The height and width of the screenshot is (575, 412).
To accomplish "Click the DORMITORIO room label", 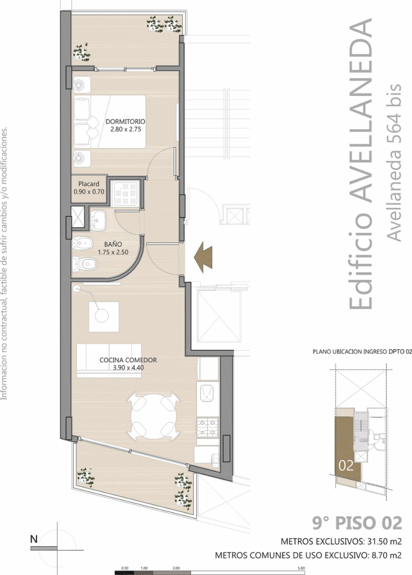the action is coord(126,121).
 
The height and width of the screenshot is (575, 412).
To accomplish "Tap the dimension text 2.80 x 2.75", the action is coord(126,129).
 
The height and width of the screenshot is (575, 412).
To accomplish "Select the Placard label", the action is coord(89,184).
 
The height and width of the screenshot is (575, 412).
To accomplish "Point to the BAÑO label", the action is coord(113,244).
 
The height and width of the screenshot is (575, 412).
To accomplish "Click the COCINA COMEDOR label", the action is coord(128,360).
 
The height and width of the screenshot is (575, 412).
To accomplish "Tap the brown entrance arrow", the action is coord(203,257).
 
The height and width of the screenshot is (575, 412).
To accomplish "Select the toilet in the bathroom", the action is coord(84,264).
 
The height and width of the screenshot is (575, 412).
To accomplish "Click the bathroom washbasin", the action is coord(98,220).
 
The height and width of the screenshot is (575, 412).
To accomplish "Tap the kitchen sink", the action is coord(207,394).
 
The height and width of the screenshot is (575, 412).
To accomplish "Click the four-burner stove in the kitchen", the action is coord(207,427).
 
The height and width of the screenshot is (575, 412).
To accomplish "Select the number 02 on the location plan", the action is coord(346,465).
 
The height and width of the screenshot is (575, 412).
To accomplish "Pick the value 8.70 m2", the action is coord(387,555).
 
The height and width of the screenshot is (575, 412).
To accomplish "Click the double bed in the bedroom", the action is coord(110,121).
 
